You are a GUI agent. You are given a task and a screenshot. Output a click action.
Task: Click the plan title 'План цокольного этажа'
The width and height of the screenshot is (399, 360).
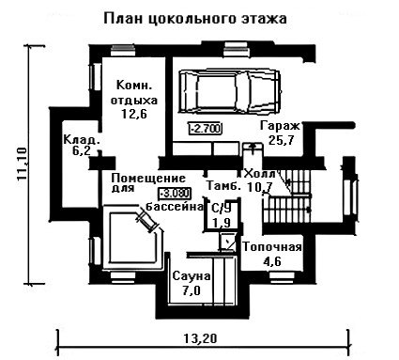pos(195,19)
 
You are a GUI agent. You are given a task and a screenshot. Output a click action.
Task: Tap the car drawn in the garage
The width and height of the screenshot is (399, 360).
pos(229,91)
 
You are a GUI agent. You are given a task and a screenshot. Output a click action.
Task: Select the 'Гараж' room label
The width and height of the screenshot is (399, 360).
pos(280,126)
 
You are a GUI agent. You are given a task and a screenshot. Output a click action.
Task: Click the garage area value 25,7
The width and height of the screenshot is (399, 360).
pos(281,140)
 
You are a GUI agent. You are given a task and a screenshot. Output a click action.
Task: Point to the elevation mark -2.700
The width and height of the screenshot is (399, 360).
pos(206,128)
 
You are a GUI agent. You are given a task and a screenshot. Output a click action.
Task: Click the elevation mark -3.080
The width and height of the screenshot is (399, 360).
pos(176,194)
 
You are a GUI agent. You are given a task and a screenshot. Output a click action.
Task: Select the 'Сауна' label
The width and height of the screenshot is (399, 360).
pos(192,276)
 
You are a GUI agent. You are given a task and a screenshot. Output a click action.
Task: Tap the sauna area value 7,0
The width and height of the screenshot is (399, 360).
pos(192,290)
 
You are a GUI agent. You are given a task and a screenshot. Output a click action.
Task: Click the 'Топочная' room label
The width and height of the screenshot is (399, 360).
pos(272,247)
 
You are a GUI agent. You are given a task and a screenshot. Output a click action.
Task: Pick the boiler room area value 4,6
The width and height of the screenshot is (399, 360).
pos(272,261)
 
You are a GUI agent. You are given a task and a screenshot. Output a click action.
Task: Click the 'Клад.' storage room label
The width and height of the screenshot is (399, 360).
pos(82,139)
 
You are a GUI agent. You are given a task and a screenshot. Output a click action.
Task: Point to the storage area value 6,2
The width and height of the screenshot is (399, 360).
pos(81,150)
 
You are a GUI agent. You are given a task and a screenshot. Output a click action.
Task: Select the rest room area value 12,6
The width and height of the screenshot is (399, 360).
pos(134,114)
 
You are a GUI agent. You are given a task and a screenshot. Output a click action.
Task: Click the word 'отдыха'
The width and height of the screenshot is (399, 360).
pos(134,101)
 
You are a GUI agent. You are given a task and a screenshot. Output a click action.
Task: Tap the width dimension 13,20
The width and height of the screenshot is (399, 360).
pos(200,338)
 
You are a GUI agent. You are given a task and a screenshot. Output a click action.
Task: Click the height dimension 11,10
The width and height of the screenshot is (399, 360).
pos(22,164)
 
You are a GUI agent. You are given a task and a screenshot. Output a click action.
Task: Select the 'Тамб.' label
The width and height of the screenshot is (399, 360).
pos(223,186)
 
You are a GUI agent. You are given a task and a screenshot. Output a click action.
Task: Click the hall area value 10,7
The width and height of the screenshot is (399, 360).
pos(259,187)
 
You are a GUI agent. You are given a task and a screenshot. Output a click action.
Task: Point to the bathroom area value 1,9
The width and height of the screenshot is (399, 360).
pos(222,223)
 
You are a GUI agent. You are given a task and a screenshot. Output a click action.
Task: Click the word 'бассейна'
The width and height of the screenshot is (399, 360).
pos(175,207)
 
